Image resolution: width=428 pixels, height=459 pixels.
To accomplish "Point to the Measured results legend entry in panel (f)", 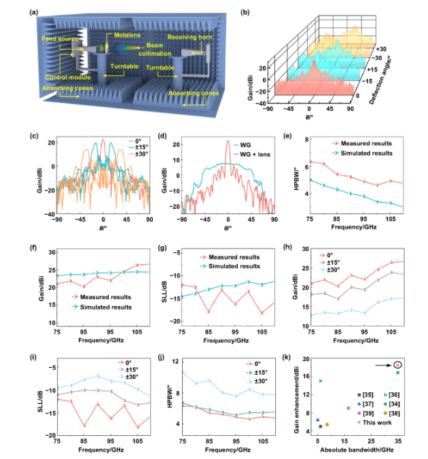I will click(x=100, y=297).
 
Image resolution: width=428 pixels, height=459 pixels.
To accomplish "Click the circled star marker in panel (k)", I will click(x=397, y=365).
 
